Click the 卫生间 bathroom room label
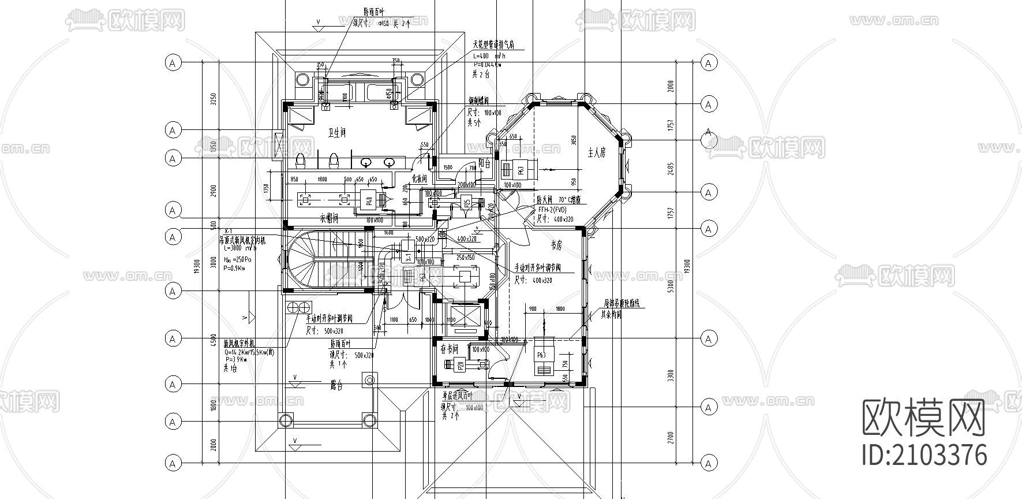coord(336,133)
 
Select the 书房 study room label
coord(556,245)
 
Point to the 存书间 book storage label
coord(449,349)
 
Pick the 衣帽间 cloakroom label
coord(328,219)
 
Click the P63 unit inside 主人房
coord(520,170)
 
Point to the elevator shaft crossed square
coord(461,316)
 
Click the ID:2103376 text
coord(924,455)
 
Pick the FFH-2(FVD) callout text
coord(552,210)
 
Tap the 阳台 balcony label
coord(485,164)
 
